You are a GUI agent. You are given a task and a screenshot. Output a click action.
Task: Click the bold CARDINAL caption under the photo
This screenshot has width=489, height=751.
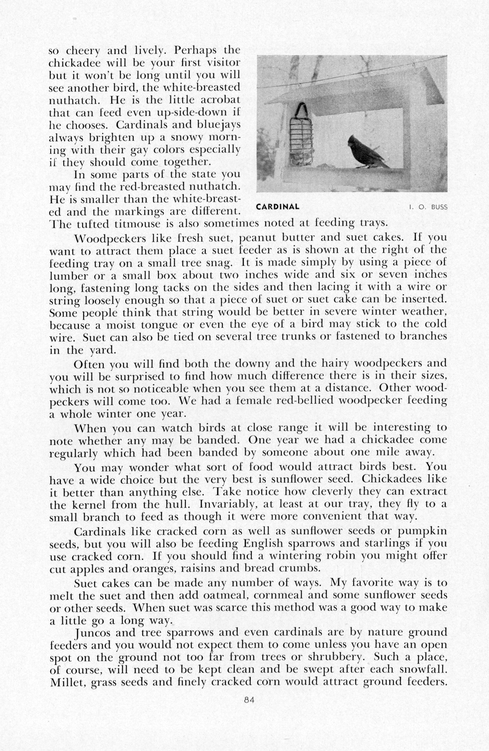[x=277, y=207]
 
